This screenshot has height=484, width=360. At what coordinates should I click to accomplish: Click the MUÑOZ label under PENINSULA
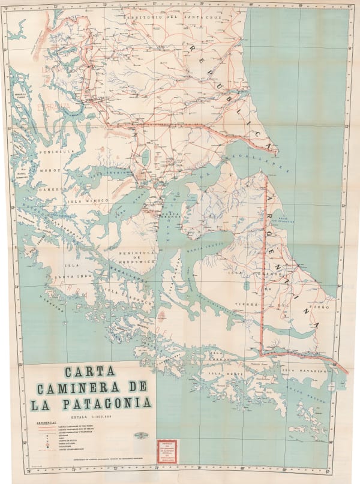pos(49,171)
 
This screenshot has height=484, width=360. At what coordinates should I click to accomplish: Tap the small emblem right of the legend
pos(139,434)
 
